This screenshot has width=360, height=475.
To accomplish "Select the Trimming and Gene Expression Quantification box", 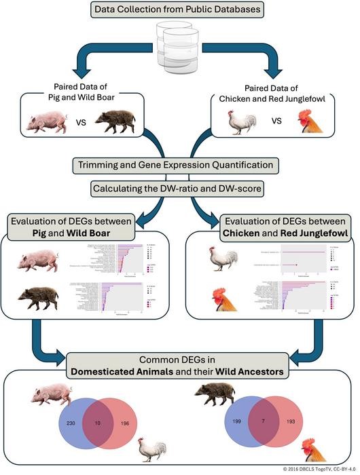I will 176,164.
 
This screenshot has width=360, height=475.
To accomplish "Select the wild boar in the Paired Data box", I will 115,123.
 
